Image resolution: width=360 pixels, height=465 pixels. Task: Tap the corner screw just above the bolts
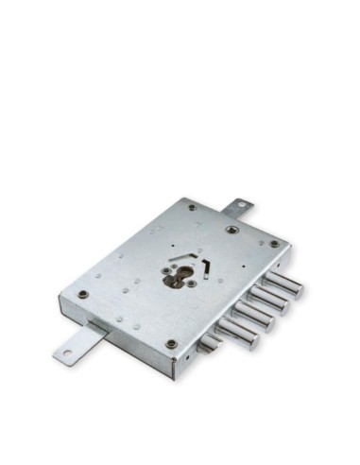[274, 244]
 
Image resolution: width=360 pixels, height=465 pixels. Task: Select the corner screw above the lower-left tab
[83, 294]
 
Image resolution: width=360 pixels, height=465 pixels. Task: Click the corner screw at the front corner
[171, 343]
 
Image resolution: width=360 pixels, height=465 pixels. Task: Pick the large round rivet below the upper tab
[230, 229]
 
